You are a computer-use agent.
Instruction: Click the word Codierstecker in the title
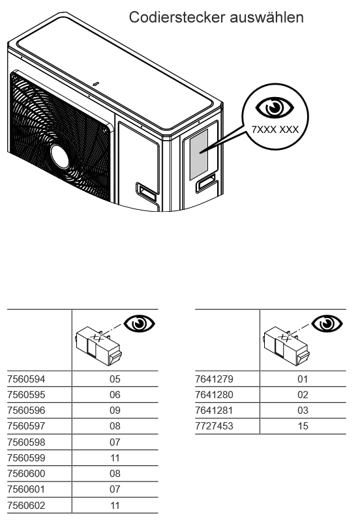[177, 17]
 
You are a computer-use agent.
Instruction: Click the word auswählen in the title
[267, 17]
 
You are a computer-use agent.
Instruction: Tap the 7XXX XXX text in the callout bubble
[275, 129]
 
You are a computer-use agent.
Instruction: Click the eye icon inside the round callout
[275, 108]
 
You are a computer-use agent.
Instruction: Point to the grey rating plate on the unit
[199, 154]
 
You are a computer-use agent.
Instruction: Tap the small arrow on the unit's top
[96, 83]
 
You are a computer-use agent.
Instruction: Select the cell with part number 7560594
[26, 379]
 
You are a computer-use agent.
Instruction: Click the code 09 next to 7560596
[115, 411]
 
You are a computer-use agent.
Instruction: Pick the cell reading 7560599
[26, 458]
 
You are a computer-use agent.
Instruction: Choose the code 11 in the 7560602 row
[115, 506]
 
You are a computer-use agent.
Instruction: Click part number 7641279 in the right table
[215, 379]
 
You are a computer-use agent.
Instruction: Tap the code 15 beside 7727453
[303, 426]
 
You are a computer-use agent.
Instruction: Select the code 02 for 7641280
[303, 395]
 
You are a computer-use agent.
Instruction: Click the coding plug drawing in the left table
[98, 346]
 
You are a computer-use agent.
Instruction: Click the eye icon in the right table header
[327, 323]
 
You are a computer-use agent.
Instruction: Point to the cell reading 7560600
[26, 474]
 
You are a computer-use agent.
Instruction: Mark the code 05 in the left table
[115, 379]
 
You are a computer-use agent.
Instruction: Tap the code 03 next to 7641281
[303, 411]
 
